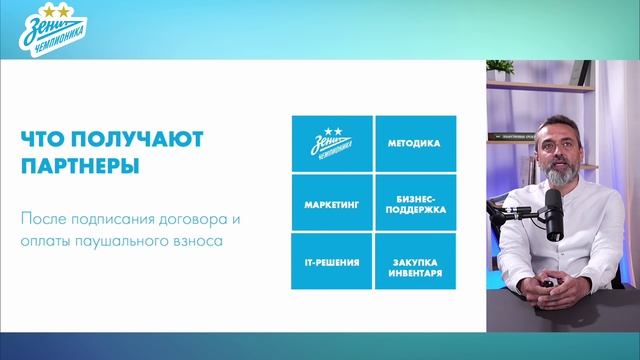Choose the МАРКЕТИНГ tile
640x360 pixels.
coord(331,203)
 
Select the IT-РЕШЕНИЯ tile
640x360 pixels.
coord(331,261)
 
